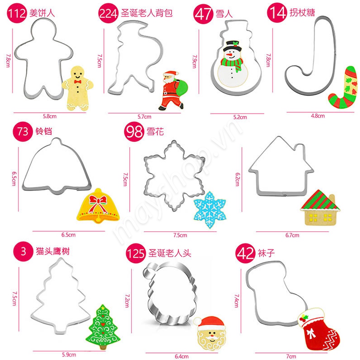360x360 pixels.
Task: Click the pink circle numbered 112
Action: click(17, 13)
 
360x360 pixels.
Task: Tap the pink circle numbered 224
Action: click(108, 13)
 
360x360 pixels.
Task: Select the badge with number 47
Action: click(203, 14)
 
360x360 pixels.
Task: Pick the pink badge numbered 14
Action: click(277, 13)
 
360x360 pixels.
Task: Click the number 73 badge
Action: click(23, 131)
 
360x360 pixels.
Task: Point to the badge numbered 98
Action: click(134, 131)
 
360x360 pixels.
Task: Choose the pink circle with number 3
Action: click(23, 251)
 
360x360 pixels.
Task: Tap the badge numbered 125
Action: click(136, 253)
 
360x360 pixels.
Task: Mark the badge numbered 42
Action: click(245, 253)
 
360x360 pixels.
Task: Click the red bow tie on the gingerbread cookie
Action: click(78, 82)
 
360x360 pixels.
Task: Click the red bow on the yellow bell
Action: click(98, 202)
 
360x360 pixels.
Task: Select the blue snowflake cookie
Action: click(210, 210)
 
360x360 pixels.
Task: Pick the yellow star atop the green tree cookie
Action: click(103, 308)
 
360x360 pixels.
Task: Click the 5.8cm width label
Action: click(50, 116)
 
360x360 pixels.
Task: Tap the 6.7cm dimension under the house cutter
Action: click(292, 235)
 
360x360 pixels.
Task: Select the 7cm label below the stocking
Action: click(291, 356)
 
